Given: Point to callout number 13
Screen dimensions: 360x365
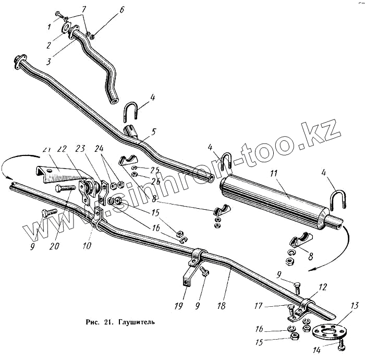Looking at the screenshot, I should [x=355, y=305].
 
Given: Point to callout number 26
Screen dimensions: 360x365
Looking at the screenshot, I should [x=155, y=182].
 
